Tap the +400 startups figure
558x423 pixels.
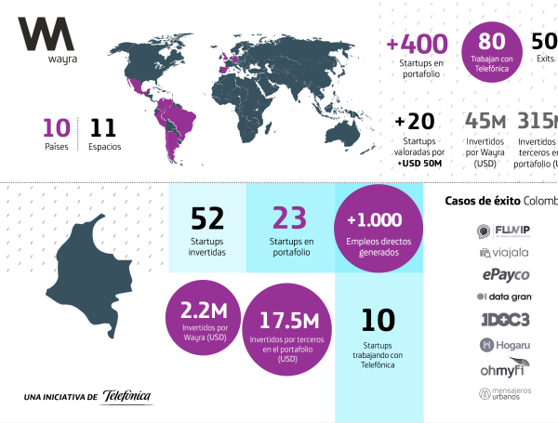[x=417, y=44]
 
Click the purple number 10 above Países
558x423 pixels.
[x=57, y=127]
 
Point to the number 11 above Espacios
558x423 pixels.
[x=103, y=127]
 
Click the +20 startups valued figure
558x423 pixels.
[x=414, y=122]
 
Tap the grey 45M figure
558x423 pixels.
[x=485, y=122]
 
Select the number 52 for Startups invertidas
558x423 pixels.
[x=206, y=218]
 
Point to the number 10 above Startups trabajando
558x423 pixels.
[x=379, y=322]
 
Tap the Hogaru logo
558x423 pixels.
[x=505, y=345]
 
